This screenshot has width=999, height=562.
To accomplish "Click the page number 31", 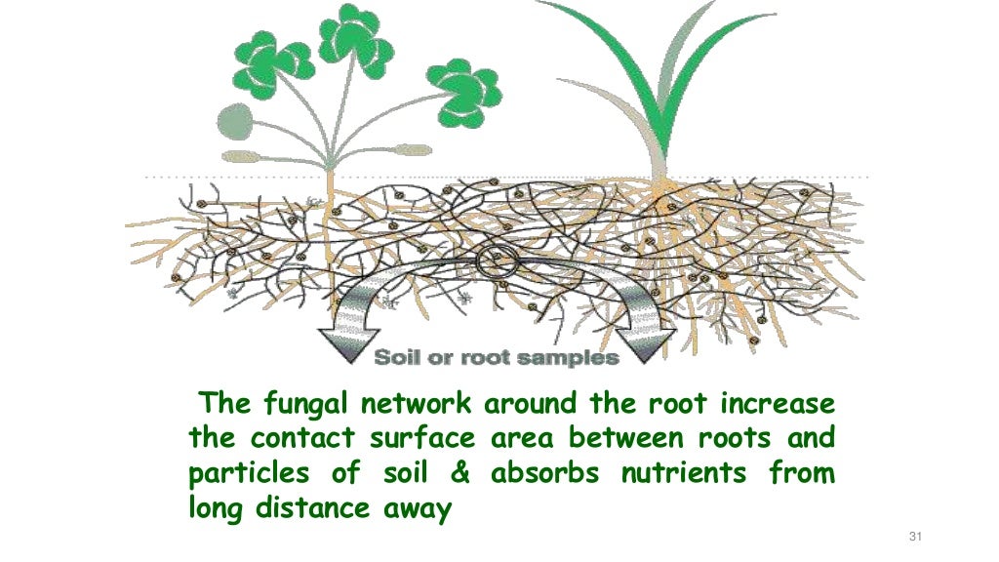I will point(914,537).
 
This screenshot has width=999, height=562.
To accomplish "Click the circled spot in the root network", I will point(495,261).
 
